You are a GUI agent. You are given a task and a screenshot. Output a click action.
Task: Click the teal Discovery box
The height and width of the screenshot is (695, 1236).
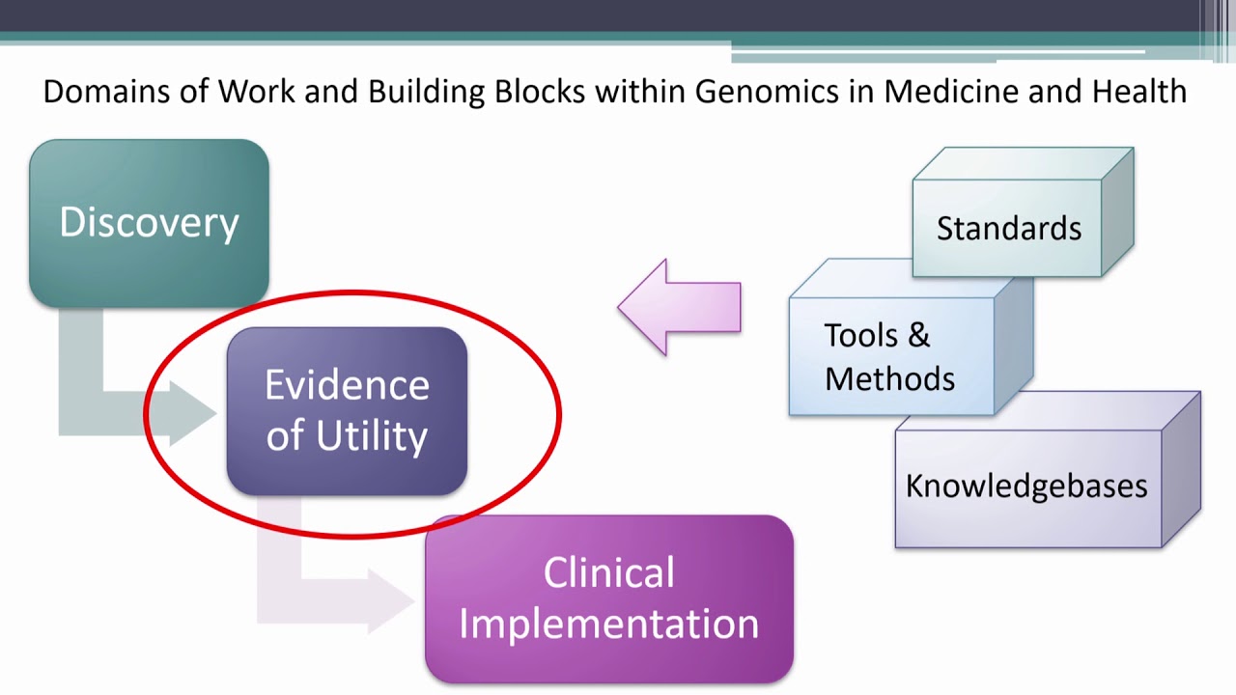[x=149, y=223]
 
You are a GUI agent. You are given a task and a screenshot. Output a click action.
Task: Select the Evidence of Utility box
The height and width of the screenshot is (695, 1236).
[x=347, y=411]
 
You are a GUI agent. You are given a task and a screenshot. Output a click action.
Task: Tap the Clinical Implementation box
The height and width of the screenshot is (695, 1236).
[x=608, y=598]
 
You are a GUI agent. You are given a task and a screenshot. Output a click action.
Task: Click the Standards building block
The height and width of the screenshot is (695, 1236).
[x=1009, y=229]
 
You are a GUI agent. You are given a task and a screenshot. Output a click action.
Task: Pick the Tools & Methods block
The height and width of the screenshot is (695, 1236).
[x=890, y=356]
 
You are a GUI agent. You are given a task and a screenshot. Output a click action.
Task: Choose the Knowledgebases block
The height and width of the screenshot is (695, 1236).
[x=1026, y=486]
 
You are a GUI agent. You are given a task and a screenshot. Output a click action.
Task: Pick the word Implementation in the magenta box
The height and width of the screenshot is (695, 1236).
[x=608, y=624]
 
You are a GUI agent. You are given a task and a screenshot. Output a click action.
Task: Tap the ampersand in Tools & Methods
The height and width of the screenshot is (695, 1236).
[x=918, y=335]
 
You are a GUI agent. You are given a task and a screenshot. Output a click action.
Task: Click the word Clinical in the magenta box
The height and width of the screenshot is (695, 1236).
[x=608, y=573]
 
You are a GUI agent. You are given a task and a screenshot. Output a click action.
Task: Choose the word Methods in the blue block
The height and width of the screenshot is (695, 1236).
[x=889, y=377]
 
